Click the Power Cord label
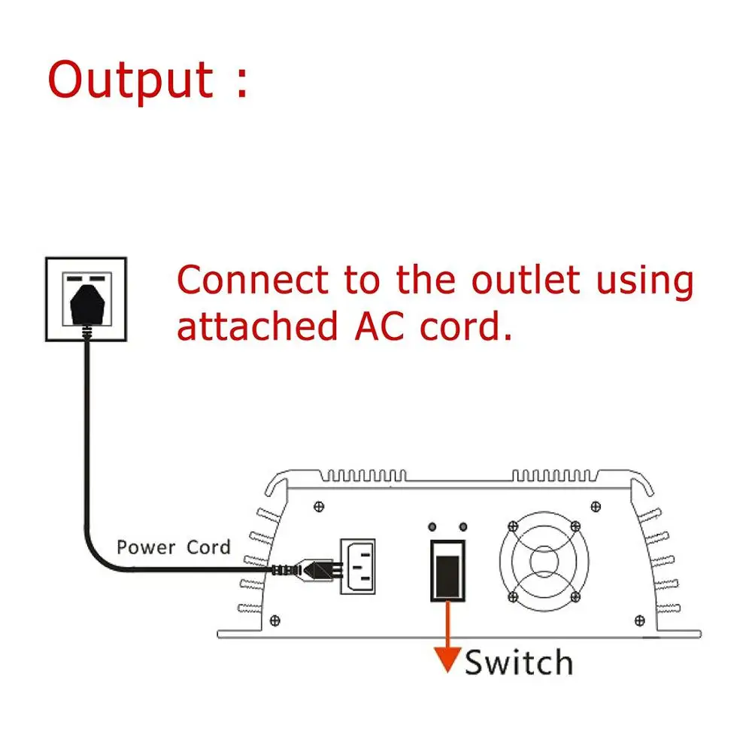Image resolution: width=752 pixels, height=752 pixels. pos(173,547)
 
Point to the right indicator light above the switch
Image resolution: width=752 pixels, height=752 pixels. pos(462,526)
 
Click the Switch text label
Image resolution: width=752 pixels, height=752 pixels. pos(519,663)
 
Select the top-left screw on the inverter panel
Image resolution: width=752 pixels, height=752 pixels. pos(322,505)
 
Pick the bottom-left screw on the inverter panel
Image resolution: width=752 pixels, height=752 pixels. pos(275,620)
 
